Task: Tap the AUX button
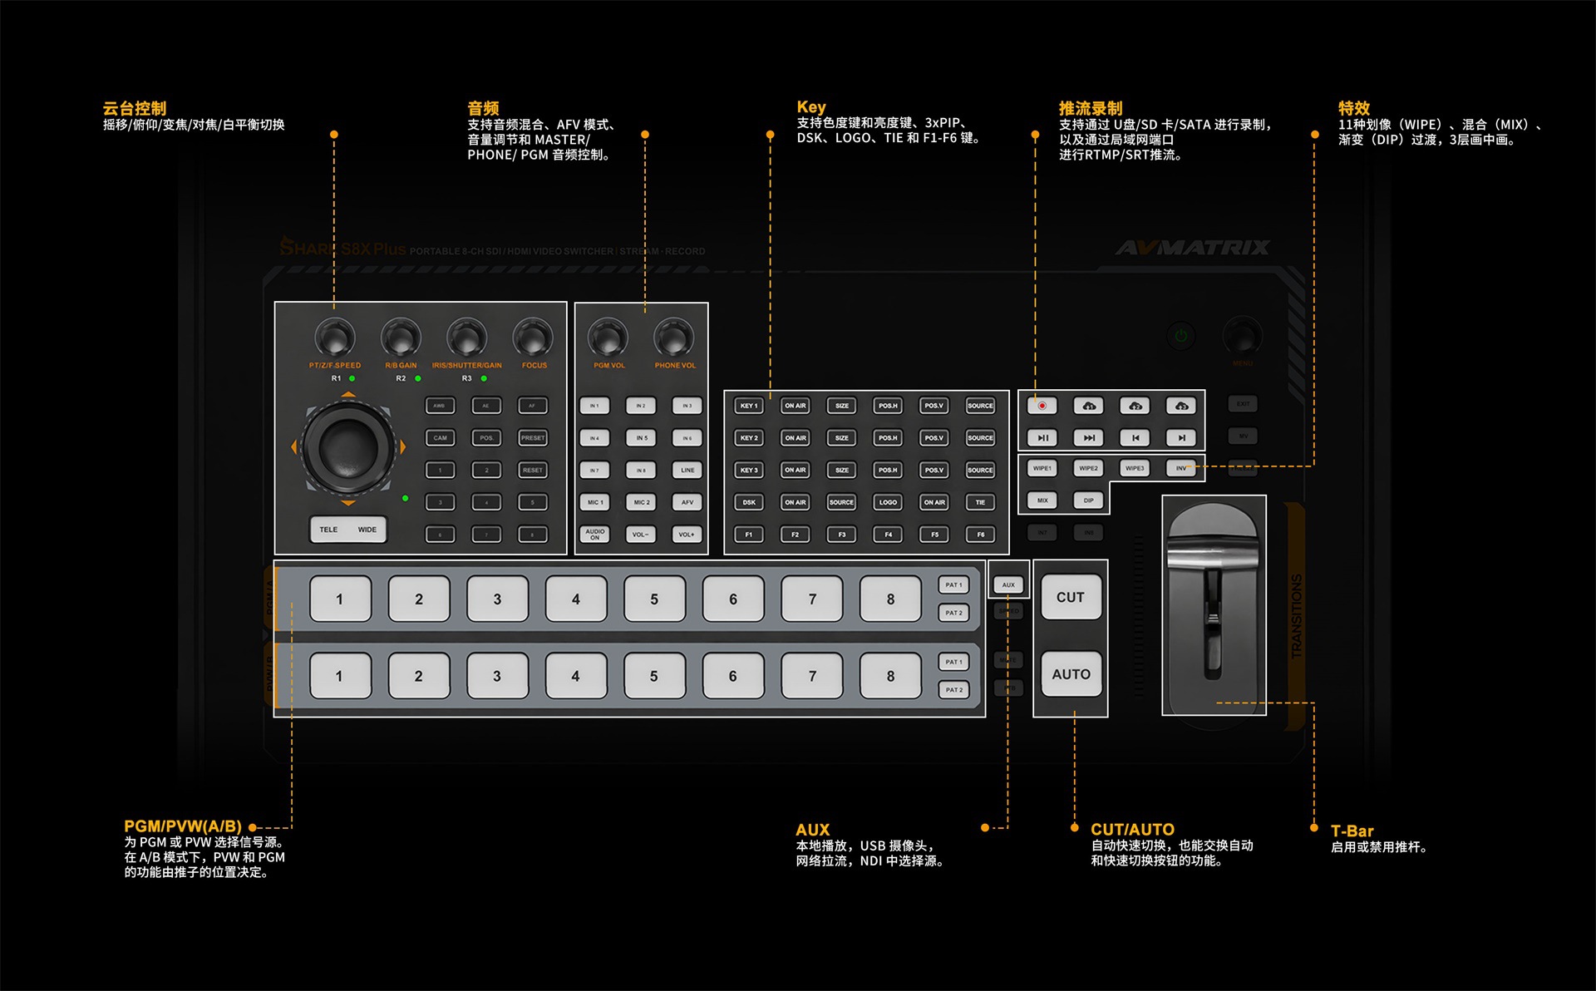(1008, 584)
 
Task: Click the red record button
(1042, 406)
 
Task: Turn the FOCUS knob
(532, 338)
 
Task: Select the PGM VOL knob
(608, 338)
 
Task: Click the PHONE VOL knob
(673, 338)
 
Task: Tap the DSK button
(749, 502)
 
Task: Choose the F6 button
(981, 535)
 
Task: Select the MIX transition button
(1042, 500)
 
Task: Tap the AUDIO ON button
(594, 535)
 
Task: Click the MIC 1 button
(594, 502)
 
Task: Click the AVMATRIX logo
(1192, 248)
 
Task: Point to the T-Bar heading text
(1352, 831)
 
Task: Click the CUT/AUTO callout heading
(1132, 830)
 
